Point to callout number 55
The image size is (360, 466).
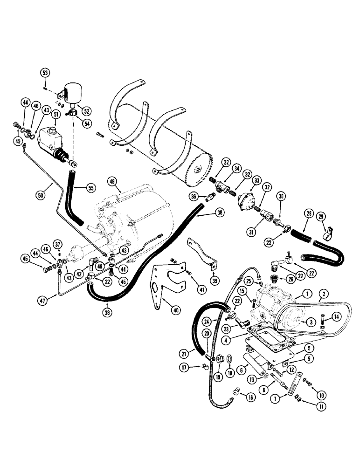[x=90, y=189]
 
